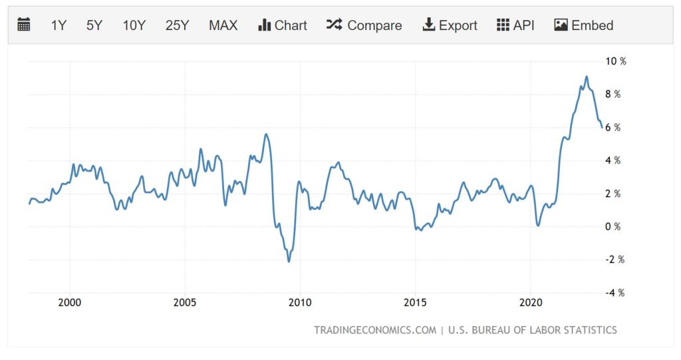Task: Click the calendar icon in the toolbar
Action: [24, 25]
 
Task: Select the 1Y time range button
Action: [59, 25]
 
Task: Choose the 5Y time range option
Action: [94, 25]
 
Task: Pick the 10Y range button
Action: [134, 25]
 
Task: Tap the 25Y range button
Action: [178, 25]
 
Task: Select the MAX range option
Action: [223, 25]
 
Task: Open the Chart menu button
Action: [283, 25]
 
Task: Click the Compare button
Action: [364, 25]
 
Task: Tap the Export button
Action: [450, 25]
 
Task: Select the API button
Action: [515, 25]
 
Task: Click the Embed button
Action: [583, 25]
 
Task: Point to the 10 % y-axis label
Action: [615, 61]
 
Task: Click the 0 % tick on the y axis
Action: [613, 227]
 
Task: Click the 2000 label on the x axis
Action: [70, 301]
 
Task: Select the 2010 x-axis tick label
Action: [300, 301]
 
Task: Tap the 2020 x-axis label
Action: [530, 301]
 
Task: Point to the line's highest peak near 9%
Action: [586, 77]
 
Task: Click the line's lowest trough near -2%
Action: [289, 261]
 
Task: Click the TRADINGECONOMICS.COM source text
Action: [375, 330]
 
